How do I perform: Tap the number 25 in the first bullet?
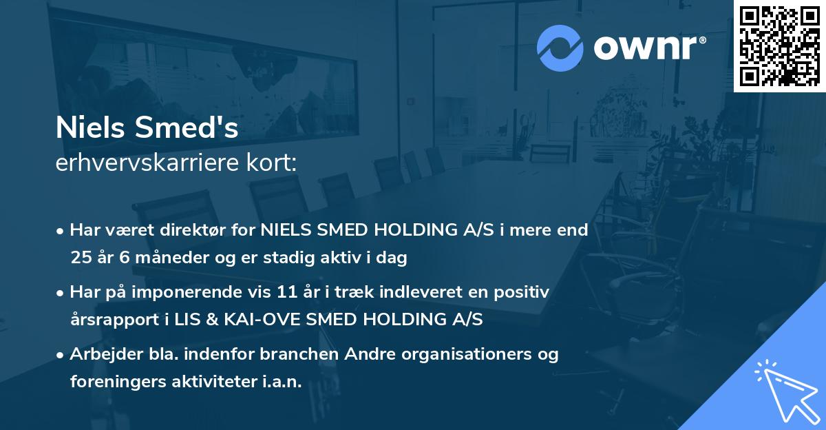pos(80,258)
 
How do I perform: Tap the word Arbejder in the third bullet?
pos(102,354)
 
